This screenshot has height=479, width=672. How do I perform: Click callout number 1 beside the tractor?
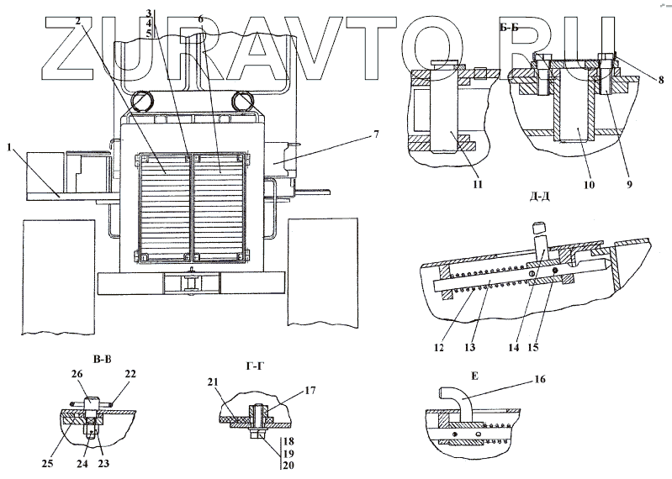pyautogui.click(x=9, y=147)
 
